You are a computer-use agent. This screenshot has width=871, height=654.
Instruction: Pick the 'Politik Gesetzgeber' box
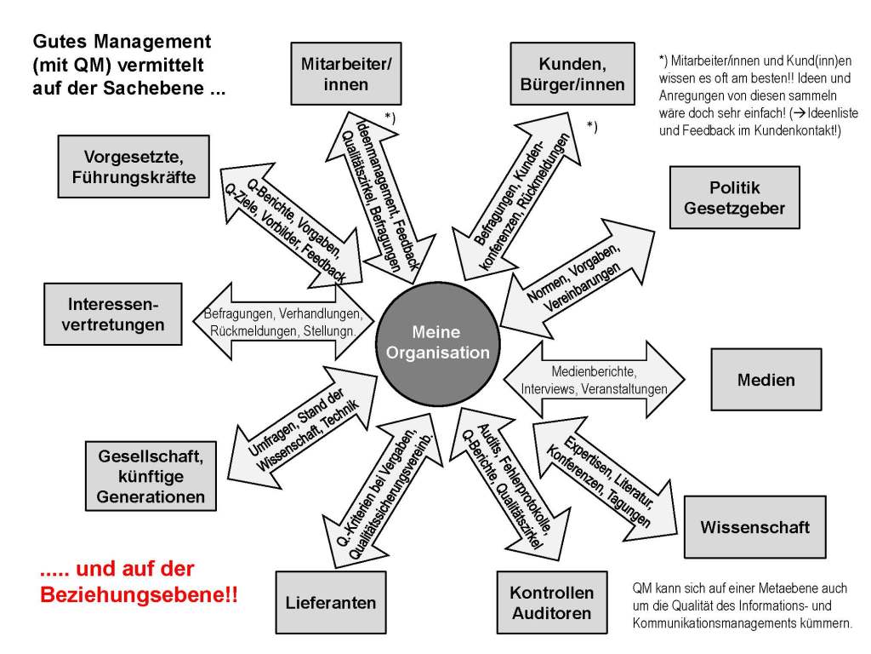coord(734,198)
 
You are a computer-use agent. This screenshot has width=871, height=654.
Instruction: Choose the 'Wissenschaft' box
coord(754,526)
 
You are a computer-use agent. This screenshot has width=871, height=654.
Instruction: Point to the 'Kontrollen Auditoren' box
coord(552,602)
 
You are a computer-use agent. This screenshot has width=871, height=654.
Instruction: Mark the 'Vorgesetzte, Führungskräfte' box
coord(134,166)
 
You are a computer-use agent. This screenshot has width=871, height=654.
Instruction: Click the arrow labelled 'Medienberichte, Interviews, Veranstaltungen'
coord(592,380)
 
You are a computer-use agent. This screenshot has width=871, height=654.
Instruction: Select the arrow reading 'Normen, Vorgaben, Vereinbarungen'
coord(578,278)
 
